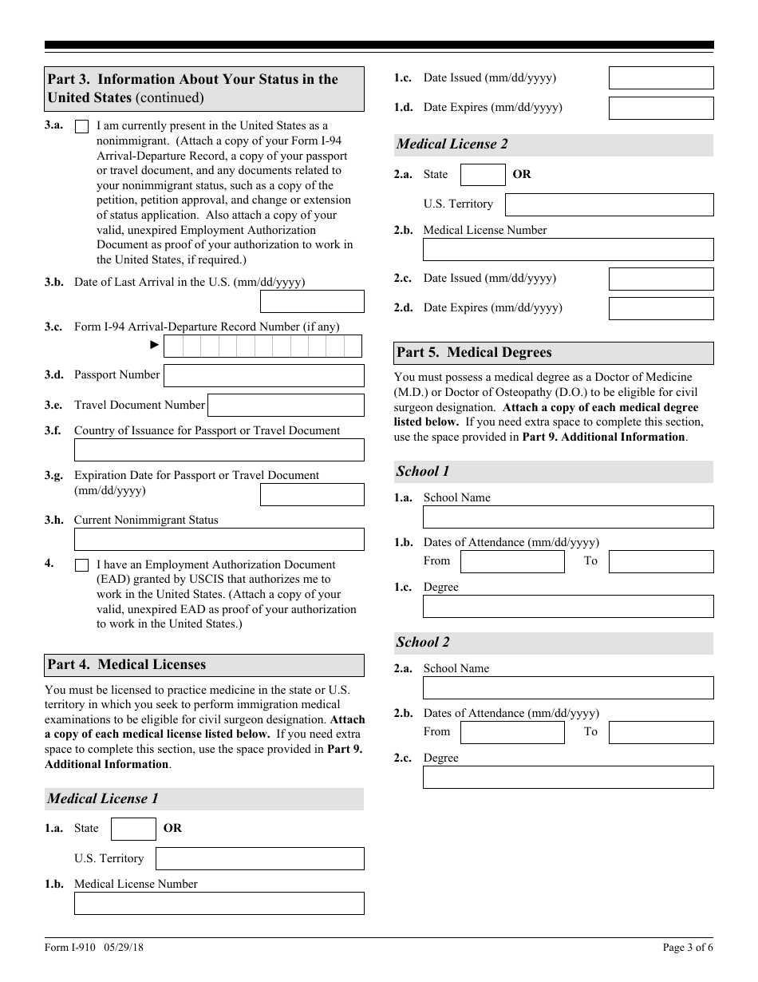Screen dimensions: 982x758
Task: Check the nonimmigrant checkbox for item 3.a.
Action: (81, 126)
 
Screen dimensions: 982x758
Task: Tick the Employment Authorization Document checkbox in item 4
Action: (81, 565)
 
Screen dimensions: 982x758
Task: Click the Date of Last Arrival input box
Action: (312, 301)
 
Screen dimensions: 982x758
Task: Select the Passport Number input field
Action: (263, 375)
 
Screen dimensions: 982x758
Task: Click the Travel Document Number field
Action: (286, 405)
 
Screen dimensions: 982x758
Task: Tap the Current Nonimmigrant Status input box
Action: (219, 539)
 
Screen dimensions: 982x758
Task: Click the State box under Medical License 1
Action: (133, 829)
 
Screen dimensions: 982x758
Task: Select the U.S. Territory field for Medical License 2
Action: (609, 204)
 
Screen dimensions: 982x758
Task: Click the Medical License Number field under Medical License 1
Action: (219, 903)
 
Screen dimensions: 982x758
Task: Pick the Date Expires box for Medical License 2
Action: (661, 308)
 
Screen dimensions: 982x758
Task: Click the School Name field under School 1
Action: (567, 517)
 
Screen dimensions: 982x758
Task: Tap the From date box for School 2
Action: (512, 732)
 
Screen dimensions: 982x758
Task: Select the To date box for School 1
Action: (661, 561)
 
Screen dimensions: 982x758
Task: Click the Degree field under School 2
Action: (567, 777)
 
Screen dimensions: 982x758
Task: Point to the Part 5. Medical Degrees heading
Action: (474, 353)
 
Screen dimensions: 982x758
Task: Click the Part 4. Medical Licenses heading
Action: (126, 664)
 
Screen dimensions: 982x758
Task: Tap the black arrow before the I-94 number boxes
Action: (155, 345)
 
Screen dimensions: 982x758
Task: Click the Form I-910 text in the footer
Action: (70, 948)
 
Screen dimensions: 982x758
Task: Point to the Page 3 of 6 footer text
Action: (688, 948)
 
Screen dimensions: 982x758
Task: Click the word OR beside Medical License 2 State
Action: (522, 174)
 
